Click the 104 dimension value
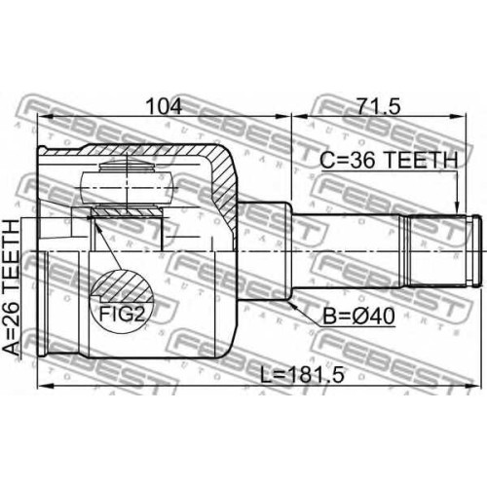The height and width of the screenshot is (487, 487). (164, 106)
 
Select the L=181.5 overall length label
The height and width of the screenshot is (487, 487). (303, 376)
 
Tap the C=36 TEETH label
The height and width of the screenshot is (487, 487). (389, 160)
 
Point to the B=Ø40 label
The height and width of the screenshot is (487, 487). (359, 316)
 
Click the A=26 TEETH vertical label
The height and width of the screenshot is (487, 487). (12, 287)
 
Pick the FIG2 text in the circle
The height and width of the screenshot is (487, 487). (122, 314)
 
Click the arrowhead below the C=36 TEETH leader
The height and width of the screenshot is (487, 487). (457, 207)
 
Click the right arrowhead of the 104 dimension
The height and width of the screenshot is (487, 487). (284, 117)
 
